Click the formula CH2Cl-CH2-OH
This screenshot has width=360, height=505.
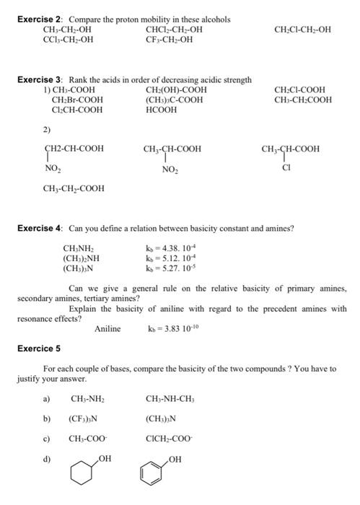tap(304, 30)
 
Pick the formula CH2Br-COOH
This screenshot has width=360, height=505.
tap(77, 100)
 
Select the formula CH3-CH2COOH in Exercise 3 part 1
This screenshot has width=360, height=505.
tap(303, 100)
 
